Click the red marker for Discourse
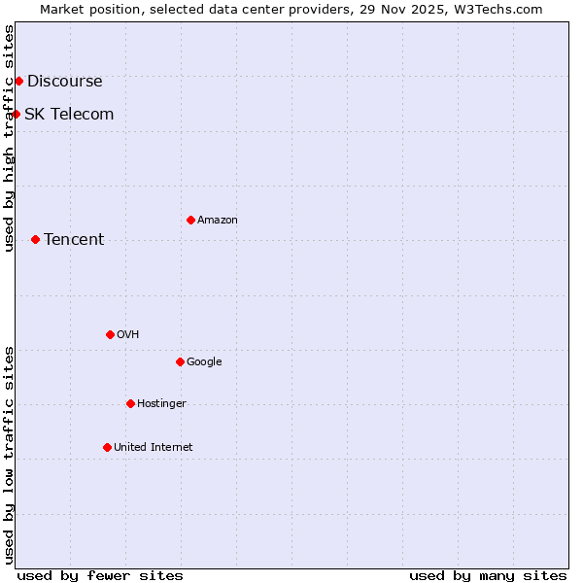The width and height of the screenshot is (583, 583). click(18, 81)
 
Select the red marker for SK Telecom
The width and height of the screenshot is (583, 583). click(16, 114)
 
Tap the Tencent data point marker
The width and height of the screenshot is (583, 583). click(35, 239)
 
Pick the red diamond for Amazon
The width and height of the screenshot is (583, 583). click(190, 220)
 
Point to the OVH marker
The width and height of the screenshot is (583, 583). click(110, 334)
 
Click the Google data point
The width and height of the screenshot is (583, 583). click(180, 361)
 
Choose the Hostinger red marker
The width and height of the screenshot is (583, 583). click(130, 403)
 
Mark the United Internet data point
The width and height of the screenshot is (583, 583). click(107, 447)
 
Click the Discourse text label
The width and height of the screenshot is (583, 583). click(64, 82)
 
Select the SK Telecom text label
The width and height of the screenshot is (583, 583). click(69, 115)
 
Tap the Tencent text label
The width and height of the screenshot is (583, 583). click(74, 240)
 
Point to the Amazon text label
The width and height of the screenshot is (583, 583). click(218, 221)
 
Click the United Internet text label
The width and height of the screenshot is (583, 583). click(154, 448)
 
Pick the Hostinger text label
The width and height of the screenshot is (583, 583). click(161, 404)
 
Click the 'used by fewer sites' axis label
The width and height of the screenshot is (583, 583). click(100, 575)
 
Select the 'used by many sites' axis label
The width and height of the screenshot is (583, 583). click(488, 575)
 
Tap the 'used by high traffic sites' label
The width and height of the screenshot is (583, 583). click(10, 138)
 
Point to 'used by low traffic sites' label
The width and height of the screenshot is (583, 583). click(10, 455)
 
